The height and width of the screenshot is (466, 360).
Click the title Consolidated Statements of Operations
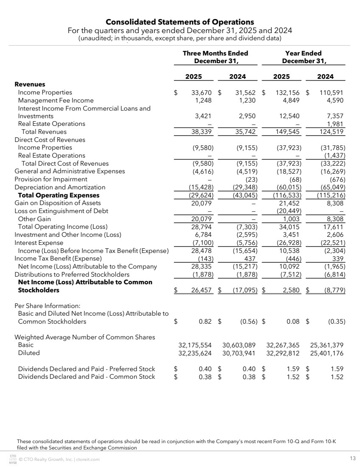180,22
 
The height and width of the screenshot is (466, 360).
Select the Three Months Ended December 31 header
215,57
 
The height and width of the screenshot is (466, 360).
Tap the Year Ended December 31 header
304,57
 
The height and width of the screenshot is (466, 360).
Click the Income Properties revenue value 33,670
201,92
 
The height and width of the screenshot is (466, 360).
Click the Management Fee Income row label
56,100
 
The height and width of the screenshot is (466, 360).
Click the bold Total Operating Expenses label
59,195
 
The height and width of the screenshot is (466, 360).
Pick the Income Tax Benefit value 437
250,258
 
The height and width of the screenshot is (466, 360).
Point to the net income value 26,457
201,290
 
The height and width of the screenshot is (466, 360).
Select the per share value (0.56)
248,322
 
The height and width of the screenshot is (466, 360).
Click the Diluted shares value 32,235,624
195,353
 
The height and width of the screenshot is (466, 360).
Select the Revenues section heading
30,84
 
